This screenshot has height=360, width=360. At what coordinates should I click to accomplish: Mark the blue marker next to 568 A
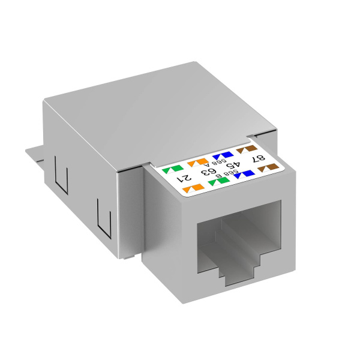[x=219, y=154]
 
